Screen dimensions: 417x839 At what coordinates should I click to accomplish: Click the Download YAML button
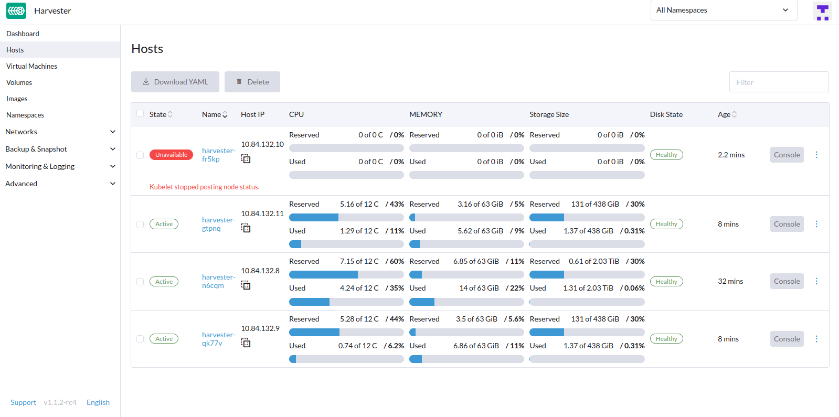tap(175, 82)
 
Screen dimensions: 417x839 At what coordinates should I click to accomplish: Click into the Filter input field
tap(779, 82)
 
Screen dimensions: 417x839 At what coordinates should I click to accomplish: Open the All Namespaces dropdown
tap(723, 10)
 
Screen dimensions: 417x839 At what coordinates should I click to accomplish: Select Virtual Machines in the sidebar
tap(31, 66)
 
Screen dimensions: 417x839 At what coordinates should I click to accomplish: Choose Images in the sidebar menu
tap(17, 99)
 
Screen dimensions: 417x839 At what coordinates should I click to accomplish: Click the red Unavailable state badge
tap(171, 155)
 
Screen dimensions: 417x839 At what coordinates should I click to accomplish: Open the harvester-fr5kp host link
tap(218, 155)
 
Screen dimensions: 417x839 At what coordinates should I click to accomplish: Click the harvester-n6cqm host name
tap(218, 281)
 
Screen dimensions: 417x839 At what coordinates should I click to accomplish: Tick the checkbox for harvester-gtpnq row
tap(140, 224)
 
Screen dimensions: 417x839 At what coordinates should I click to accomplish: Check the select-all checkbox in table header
tap(140, 114)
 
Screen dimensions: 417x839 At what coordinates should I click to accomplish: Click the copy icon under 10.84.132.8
tap(246, 285)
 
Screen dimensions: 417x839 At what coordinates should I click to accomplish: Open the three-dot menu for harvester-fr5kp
tap(816, 155)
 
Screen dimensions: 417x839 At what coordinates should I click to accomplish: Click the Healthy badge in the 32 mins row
tap(666, 282)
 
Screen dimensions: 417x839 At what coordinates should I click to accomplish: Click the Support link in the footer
tap(23, 402)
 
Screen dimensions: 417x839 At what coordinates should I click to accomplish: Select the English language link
tap(98, 402)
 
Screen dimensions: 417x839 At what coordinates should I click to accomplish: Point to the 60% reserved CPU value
tap(396, 261)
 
